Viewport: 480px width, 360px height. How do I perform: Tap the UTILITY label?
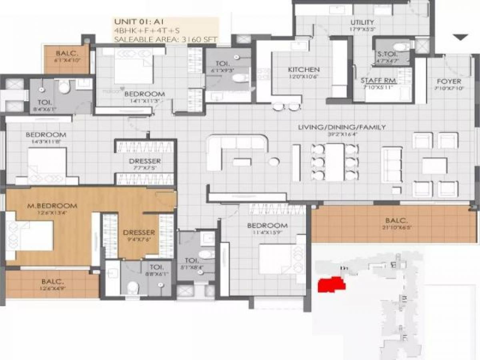(362, 22)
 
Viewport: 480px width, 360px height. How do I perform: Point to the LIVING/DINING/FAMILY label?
(342, 127)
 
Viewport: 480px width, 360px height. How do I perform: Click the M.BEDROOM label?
(52, 206)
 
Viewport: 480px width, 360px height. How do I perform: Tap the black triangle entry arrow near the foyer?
(460, 37)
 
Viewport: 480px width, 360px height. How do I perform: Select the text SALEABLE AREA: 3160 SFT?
(165, 39)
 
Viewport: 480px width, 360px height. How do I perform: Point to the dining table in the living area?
(334, 162)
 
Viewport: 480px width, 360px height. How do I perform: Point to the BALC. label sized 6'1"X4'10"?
(66, 52)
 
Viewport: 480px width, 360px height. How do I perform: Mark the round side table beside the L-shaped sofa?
(274, 162)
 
